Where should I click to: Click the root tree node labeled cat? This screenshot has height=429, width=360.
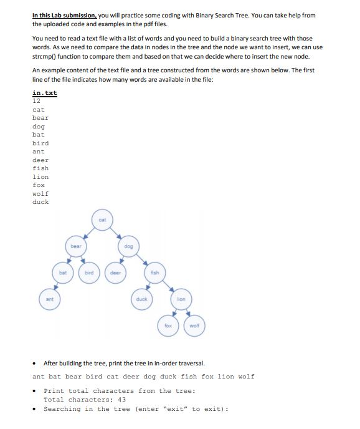pos(102,220)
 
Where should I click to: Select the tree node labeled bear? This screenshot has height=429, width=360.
pos(76,246)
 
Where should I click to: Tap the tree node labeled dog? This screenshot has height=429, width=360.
pos(128,246)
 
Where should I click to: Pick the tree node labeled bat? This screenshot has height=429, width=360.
pos(63,272)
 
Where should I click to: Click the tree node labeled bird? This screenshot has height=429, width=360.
pos(89,272)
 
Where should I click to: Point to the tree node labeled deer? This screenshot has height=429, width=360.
pos(115,272)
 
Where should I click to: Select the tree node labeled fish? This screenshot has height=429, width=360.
pos(154,272)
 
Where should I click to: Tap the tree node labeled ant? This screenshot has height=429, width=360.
pos(50,299)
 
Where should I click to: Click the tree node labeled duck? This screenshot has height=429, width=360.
pos(141,299)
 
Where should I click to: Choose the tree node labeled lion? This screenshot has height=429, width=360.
pos(181,299)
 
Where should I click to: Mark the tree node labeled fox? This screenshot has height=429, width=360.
pos(168,325)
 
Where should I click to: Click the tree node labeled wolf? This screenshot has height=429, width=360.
pos(194,325)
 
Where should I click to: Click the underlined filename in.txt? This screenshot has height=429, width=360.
pos(44,93)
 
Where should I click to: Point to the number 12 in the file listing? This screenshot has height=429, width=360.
pos(36,100)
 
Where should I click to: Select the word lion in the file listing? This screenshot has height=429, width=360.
pos(40,176)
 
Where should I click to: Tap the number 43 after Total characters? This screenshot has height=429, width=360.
pos(121,400)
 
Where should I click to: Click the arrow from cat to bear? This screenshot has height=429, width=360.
pos(89,233)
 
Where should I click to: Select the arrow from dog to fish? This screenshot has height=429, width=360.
pos(143,259)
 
